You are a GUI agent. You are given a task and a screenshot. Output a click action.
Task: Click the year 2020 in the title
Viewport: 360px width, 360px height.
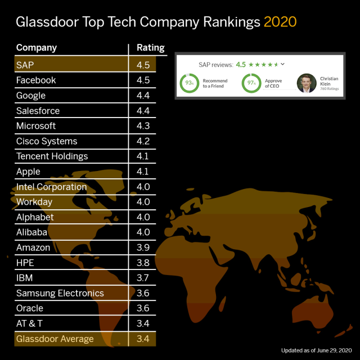(280, 22)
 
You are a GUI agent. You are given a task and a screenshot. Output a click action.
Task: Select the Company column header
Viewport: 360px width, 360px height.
(37, 48)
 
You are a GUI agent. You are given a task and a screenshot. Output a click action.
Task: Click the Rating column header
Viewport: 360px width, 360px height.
(151, 48)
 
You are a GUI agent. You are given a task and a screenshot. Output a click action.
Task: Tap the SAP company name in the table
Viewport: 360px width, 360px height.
(25, 65)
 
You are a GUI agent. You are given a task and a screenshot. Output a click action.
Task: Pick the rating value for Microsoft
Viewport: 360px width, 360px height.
(143, 126)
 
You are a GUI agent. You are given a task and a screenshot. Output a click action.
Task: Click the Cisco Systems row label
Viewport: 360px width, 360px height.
(47, 141)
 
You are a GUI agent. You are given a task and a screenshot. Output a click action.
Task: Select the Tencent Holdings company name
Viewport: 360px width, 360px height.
(52, 156)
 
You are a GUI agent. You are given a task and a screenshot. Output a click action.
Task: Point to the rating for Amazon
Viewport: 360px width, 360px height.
(143, 247)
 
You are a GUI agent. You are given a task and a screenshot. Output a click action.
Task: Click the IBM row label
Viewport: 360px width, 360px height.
(25, 278)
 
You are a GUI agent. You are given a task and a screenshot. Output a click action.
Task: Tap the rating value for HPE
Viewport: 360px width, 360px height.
(143, 263)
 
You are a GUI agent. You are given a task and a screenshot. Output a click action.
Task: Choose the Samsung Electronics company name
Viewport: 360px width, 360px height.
(60, 293)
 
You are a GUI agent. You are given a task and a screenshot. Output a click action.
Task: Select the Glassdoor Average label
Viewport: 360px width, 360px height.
(55, 339)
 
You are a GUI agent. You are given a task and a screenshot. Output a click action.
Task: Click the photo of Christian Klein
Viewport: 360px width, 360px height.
(307, 83)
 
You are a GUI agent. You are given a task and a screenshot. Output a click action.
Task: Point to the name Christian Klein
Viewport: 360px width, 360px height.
(329, 81)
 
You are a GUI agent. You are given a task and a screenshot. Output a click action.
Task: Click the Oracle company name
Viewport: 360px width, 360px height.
(30, 308)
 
